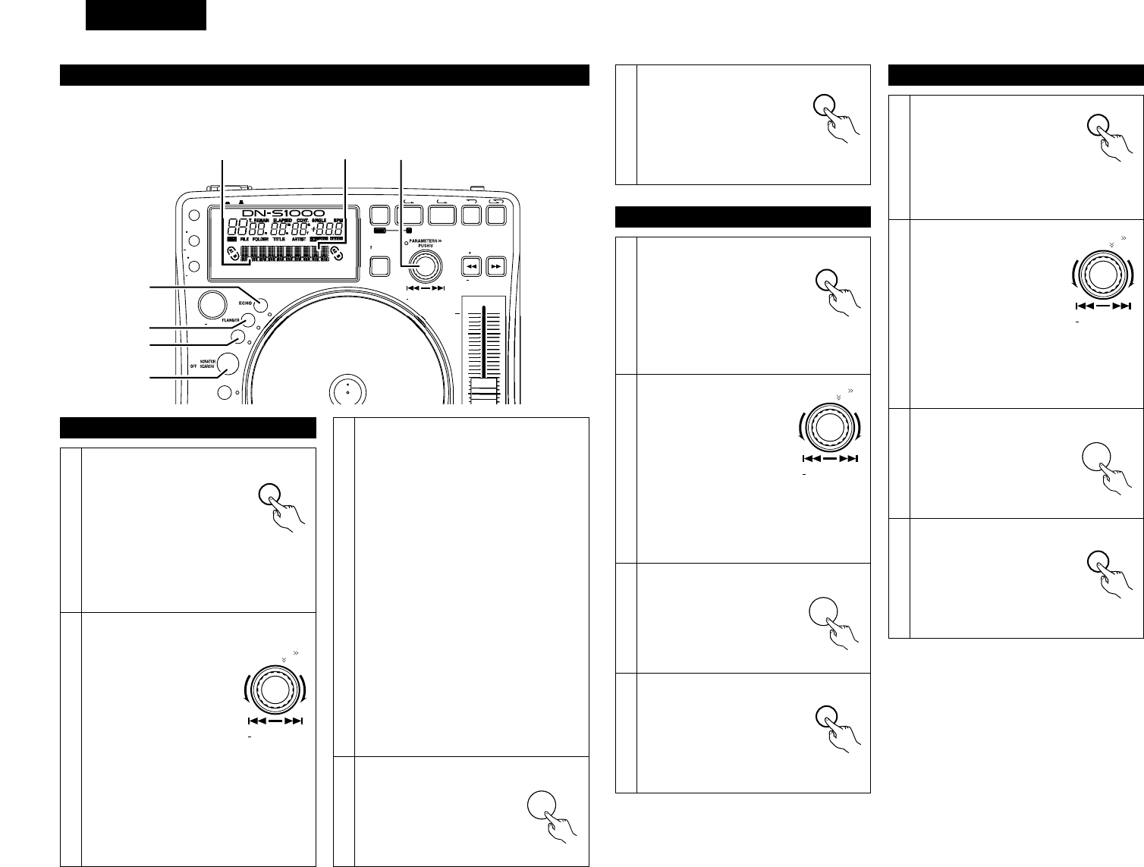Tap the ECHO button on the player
click(x=262, y=305)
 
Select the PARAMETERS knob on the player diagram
click(x=424, y=265)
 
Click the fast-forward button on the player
click(x=495, y=266)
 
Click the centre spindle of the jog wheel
click(x=347, y=391)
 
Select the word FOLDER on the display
click(x=266, y=238)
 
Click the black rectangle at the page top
click(x=146, y=15)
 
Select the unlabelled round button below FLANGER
click(x=238, y=337)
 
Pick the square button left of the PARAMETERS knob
click(x=379, y=265)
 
